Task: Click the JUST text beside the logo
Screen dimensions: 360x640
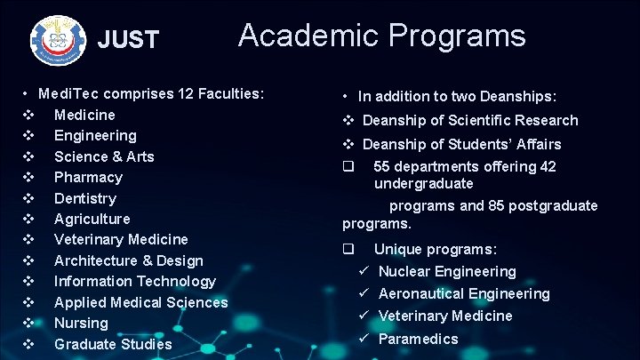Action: click(x=128, y=40)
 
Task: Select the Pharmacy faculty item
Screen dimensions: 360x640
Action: click(x=88, y=177)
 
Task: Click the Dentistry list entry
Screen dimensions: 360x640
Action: click(x=85, y=198)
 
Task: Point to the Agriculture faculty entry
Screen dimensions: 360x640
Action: click(x=92, y=219)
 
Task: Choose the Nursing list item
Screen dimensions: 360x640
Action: click(x=81, y=323)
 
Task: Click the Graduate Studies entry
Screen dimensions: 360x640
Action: click(x=113, y=344)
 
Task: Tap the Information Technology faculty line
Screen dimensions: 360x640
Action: click(x=135, y=281)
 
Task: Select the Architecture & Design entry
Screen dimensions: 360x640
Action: click(x=129, y=260)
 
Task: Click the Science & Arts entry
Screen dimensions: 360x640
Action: click(x=104, y=156)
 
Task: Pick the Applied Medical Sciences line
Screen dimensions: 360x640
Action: click(x=140, y=302)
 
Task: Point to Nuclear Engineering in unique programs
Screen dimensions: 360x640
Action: click(x=447, y=271)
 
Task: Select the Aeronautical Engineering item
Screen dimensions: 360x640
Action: click(x=464, y=293)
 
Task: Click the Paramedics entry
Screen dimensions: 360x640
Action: click(x=418, y=339)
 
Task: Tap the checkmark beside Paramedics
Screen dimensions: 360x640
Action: click(x=364, y=339)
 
